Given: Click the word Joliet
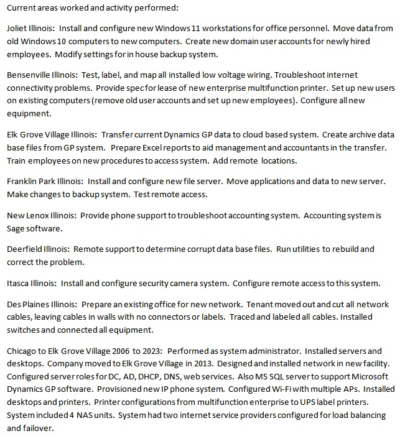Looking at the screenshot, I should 18,29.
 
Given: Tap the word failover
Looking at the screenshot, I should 29,428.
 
